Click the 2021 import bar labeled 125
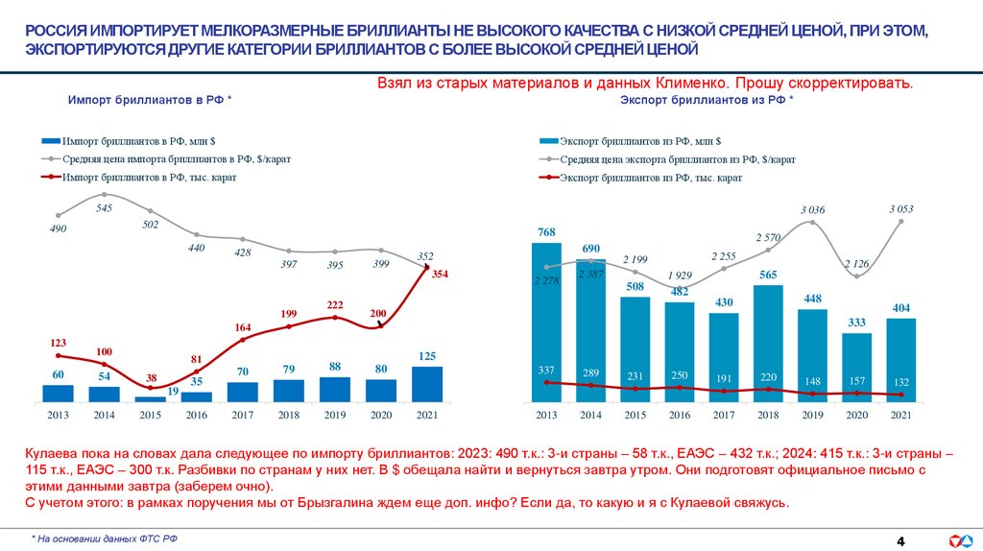427,383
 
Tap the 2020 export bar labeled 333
856,367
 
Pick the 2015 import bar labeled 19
150,398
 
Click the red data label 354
440,275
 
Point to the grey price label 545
104,207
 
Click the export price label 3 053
900,208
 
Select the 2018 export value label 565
768,274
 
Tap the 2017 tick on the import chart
242,415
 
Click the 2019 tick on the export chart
812,415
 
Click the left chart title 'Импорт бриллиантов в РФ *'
149,100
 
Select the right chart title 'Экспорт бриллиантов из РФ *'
707,100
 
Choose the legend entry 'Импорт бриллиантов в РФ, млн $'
144,140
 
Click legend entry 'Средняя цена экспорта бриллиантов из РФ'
677,159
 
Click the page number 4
900,539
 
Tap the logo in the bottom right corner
959,539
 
